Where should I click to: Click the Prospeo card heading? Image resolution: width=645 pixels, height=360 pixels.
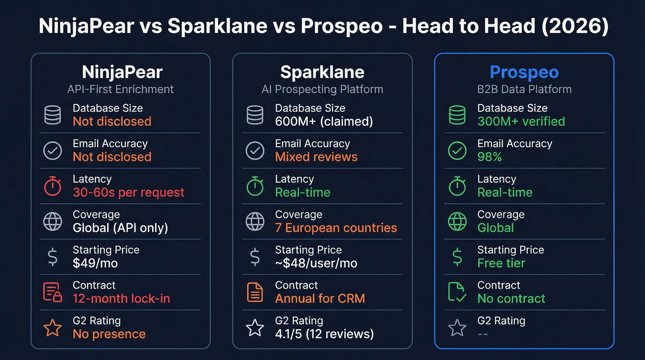point(524,72)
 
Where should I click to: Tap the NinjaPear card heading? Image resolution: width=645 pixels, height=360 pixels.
point(122,72)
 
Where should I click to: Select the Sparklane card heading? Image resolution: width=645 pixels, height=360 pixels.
point(322,72)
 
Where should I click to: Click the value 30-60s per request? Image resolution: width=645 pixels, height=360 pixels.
point(129,192)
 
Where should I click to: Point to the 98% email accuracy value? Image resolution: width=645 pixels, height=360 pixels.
point(489,157)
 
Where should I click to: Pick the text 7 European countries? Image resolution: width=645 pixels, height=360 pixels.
point(336,228)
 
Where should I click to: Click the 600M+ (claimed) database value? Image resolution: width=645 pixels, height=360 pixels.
point(324,121)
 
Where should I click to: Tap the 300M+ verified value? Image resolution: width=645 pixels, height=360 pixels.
point(521,121)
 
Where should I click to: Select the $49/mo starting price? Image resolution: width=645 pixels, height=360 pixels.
point(95,263)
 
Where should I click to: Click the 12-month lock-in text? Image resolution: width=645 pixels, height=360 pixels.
point(121,298)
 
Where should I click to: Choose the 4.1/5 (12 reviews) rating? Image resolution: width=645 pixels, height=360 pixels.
point(324,334)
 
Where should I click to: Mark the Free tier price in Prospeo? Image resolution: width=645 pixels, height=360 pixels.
point(501,263)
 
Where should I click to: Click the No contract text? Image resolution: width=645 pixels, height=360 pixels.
point(511,298)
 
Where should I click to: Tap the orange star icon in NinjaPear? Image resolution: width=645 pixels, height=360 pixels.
point(52,328)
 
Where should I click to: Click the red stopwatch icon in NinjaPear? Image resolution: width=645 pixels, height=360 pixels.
point(52,186)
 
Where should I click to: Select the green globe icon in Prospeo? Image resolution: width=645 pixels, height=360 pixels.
point(457,222)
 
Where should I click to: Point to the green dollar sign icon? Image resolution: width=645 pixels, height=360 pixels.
point(457,257)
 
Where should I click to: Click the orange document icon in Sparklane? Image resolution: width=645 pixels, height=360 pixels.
point(255,292)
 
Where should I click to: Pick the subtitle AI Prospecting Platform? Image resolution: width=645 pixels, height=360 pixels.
point(322,89)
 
